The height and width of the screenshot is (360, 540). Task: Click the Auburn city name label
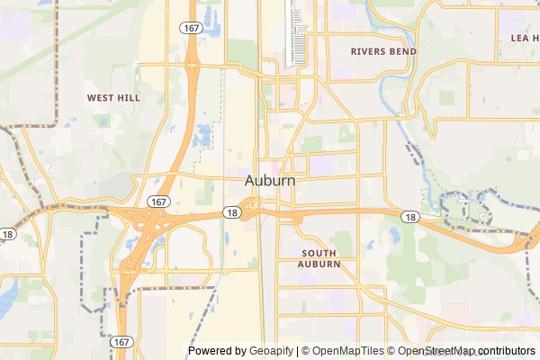click(x=270, y=181)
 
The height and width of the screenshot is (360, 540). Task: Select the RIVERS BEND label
click(x=383, y=51)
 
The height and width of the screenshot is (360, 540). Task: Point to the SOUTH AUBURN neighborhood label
click(x=320, y=258)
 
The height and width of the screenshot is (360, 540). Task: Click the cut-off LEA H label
click(x=524, y=39)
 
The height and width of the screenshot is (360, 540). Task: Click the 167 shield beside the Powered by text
click(x=122, y=342)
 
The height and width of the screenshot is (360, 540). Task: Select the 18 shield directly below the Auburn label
click(x=232, y=213)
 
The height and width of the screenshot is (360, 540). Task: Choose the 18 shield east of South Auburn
click(x=410, y=217)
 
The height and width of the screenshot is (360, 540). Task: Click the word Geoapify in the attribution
click(x=272, y=351)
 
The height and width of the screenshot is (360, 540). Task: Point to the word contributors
click(x=506, y=351)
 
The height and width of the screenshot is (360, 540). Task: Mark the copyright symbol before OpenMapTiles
click(x=305, y=351)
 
